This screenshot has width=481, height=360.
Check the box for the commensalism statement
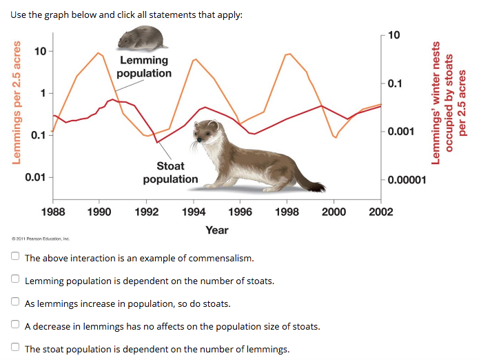[15, 256]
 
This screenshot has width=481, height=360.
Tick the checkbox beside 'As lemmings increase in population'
[15, 301]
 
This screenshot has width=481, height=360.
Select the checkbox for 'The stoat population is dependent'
[15, 347]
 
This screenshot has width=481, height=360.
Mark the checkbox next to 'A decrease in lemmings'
[15, 324]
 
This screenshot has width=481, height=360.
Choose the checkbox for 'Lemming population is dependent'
[15, 279]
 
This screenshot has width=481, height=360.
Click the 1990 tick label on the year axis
[99, 212]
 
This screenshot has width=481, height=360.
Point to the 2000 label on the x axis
[334, 212]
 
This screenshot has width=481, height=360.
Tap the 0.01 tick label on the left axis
[35, 177]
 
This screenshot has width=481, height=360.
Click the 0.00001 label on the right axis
[407, 180]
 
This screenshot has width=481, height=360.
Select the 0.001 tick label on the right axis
[400, 131]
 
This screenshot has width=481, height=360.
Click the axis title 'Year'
[217, 230]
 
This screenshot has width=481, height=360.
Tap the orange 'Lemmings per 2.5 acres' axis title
[17, 103]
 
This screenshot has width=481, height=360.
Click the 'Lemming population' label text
[144, 67]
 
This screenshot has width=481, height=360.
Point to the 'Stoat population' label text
[171, 172]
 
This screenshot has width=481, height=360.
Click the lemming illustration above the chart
[143, 38]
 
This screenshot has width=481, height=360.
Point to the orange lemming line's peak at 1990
[98, 53]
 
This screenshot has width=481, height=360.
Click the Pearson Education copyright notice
[41, 239]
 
